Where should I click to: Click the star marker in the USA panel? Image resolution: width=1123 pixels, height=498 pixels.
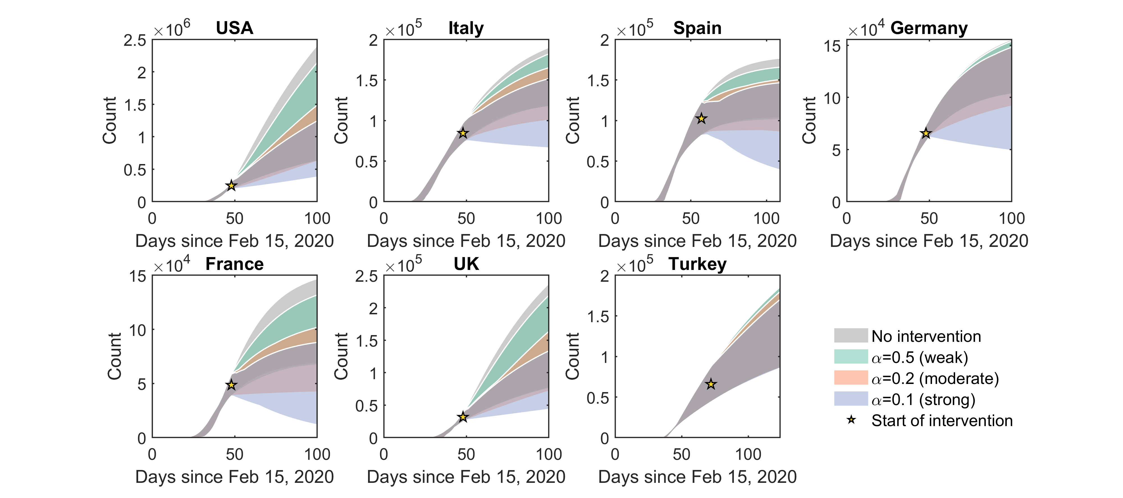pos(232,186)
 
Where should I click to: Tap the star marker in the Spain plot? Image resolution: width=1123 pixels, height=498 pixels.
pos(701,119)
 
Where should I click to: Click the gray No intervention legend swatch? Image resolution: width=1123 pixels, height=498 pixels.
pos(851,336)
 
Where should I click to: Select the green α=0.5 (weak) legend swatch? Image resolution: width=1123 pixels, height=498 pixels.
pos(851,357)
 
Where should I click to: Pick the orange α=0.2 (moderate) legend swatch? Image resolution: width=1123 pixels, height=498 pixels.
pos(851,378)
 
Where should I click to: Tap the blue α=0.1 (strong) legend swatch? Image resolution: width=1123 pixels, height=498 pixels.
pos(851,399)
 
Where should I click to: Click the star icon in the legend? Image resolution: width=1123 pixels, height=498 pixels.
pos(851,420)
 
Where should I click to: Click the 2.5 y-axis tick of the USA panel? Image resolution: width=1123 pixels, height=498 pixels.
pos(135,40)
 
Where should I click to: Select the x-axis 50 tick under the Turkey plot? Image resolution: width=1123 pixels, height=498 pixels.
pos(681,454)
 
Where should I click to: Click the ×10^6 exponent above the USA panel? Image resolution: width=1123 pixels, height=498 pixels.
pos(172,29)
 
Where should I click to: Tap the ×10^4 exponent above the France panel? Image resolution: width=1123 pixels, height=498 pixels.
pos(172,265)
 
